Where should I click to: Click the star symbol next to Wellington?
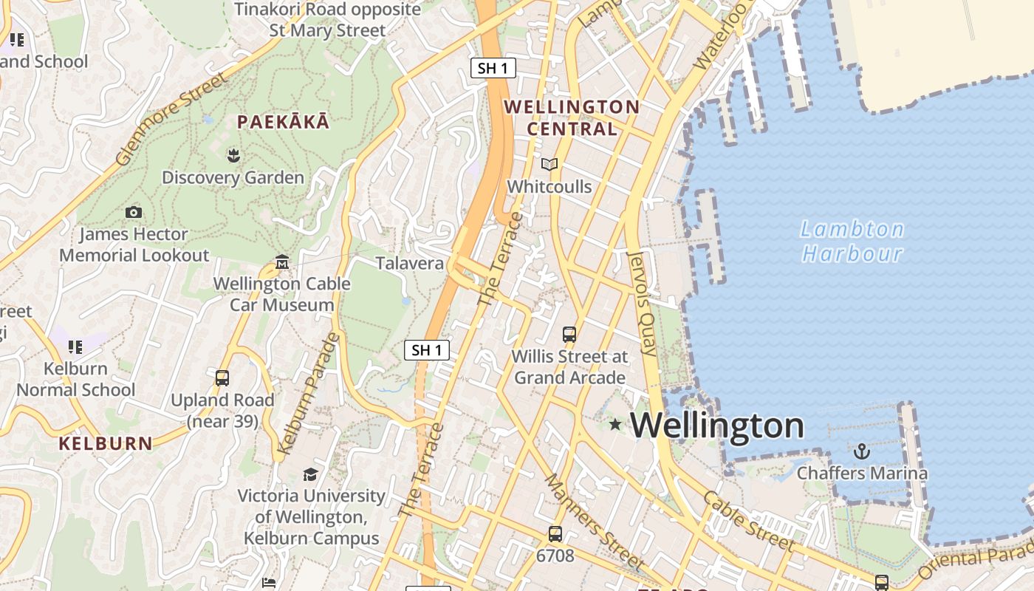(x=615, y=424)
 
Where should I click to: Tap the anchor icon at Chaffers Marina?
(x=861, y=451)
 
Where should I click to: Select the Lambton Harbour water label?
(x=852, y=242)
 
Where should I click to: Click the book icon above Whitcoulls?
(x=549, y=164)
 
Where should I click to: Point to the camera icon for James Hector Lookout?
(x=134, y=213)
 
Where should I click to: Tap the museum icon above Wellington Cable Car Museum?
(x=281, y=262)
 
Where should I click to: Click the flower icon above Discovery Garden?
(x=233, y=155)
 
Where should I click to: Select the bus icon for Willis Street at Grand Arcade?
(x=569, y=334)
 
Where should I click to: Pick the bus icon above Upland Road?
(x=222, y=378)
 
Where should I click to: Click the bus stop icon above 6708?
(x=555, y=533)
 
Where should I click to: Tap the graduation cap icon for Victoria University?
(x=310, y=474)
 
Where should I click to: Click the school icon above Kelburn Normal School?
(x=75, y=346)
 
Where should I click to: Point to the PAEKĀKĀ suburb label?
(x=283, y=123)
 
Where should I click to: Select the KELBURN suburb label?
(x=106, y=444)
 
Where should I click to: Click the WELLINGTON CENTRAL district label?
(x=572, y=117)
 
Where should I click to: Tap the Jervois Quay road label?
(x=641, y=304)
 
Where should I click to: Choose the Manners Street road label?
(x=595, y=522)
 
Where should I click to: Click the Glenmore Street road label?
(x=171, y=118)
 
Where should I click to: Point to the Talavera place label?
(x=410, y=263)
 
